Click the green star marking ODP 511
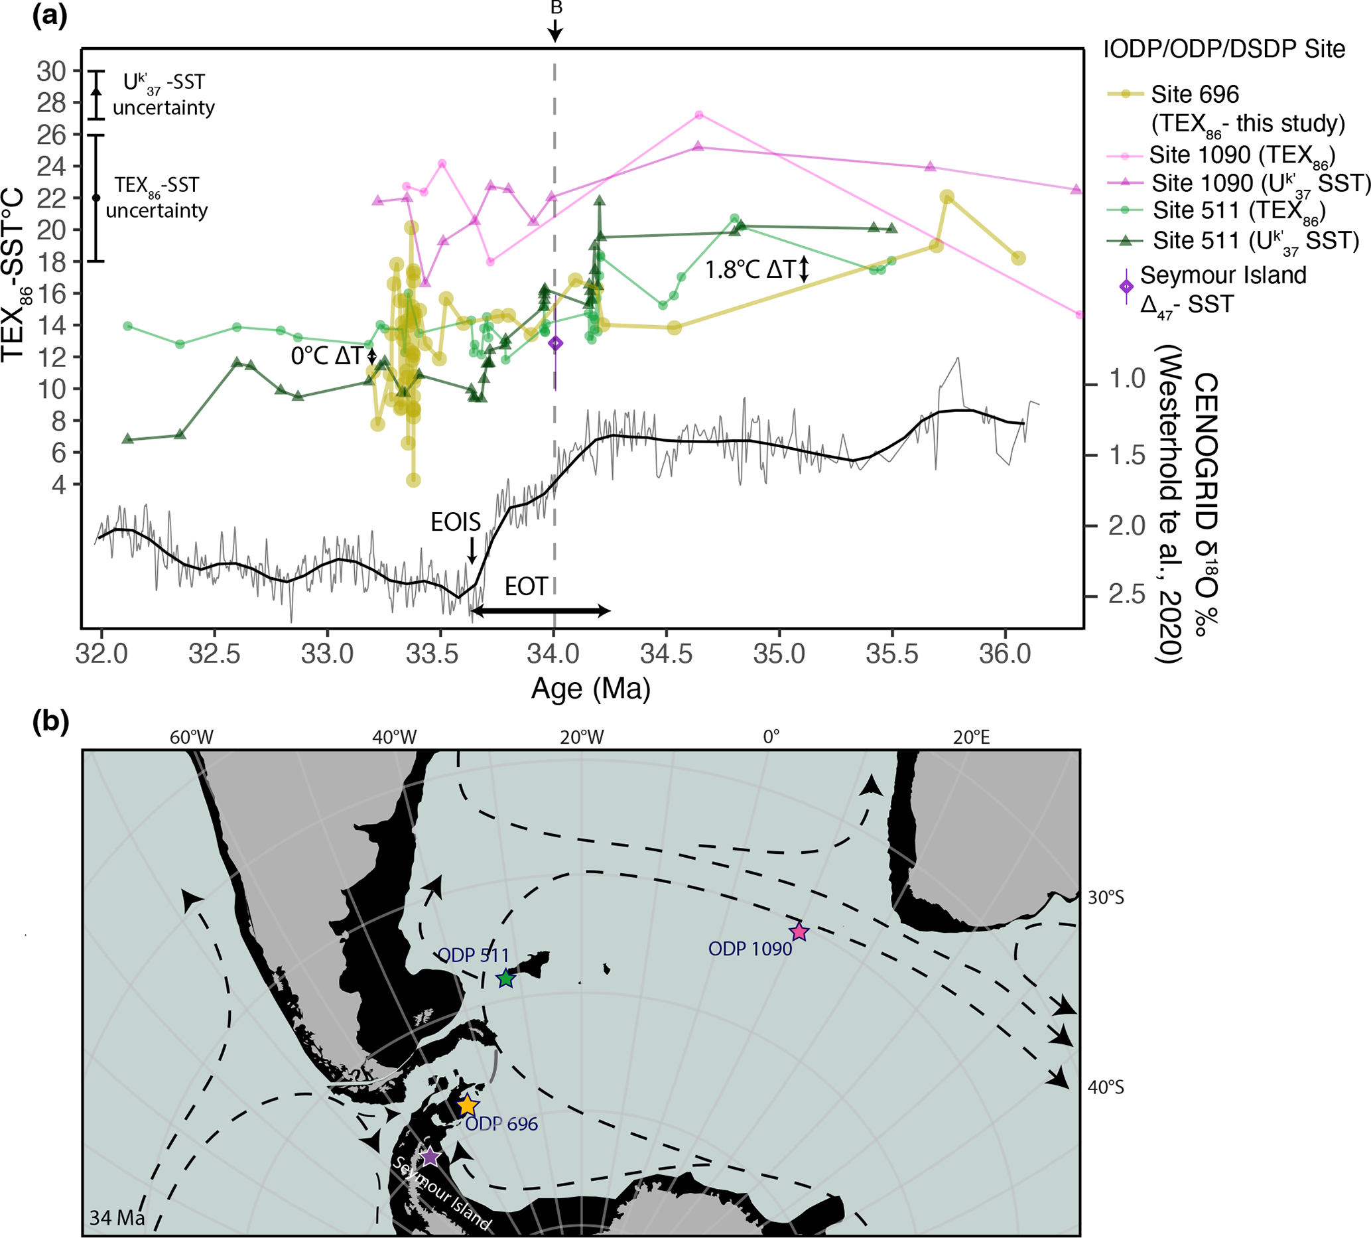[505, 979]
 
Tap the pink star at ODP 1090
[799, 932]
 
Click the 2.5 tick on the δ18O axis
[1128, 594]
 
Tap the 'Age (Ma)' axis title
[590, 689]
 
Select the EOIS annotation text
[455, 522]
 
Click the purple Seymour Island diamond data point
[556, 344]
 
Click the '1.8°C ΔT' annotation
[750, 271]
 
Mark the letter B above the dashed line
[556, 8]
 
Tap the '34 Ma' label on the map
[117, 1217]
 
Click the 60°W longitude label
[191, 737]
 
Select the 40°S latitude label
[1106, 1087]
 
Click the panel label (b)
[50, 722]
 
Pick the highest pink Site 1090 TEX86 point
[698, 115]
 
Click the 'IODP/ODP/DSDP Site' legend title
[1224, 50]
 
